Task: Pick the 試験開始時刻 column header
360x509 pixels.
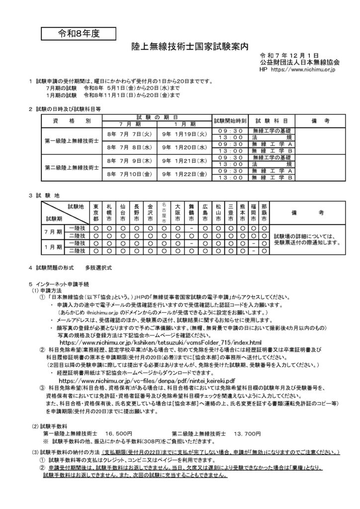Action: click(229, 121)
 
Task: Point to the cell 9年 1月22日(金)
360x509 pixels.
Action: click(183, 174)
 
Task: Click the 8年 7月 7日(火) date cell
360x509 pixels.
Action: click(128, 134)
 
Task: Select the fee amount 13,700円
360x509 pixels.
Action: click(247, 434)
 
